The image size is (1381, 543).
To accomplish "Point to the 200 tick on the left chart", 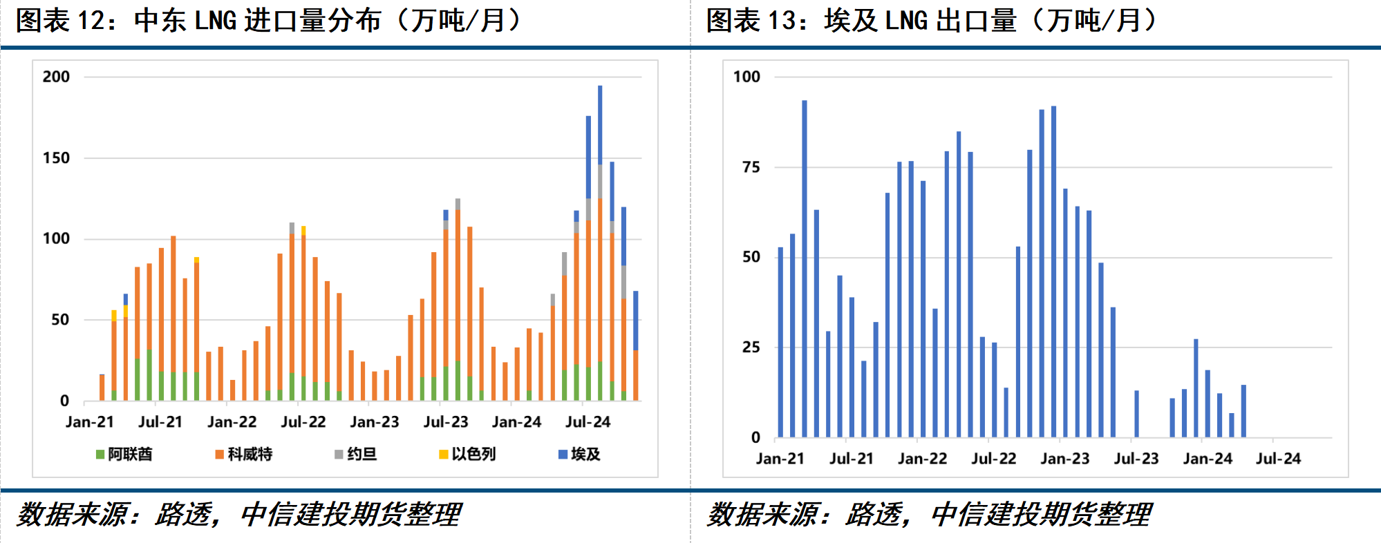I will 56,77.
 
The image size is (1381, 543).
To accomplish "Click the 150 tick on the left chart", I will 56,158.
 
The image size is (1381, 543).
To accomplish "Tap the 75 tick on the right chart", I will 751,167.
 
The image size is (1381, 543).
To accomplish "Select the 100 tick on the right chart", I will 746,77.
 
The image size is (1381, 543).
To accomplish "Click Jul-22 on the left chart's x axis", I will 303,422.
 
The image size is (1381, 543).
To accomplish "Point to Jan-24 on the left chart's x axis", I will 516,422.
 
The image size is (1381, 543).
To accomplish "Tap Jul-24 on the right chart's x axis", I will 1278,459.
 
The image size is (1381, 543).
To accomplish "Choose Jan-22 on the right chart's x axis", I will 922,459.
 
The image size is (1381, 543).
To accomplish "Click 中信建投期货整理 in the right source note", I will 1041,515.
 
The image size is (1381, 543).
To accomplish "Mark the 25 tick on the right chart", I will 751,347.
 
